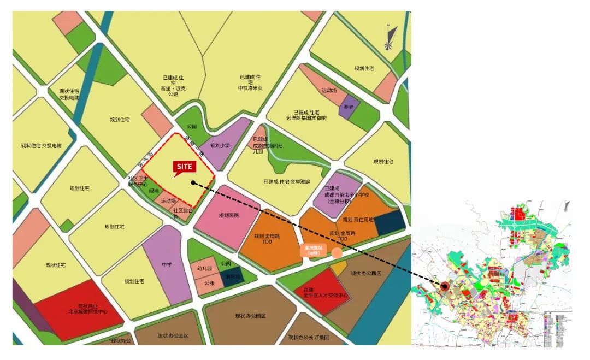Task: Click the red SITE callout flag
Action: point(184,167)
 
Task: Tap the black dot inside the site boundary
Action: point(193,182)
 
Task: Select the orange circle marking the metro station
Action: point(337,253)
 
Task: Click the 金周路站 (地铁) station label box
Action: point(314,250)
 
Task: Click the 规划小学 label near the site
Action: point(220,146)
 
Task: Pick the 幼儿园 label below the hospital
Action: point(204,269)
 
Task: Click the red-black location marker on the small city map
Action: point(445,286)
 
